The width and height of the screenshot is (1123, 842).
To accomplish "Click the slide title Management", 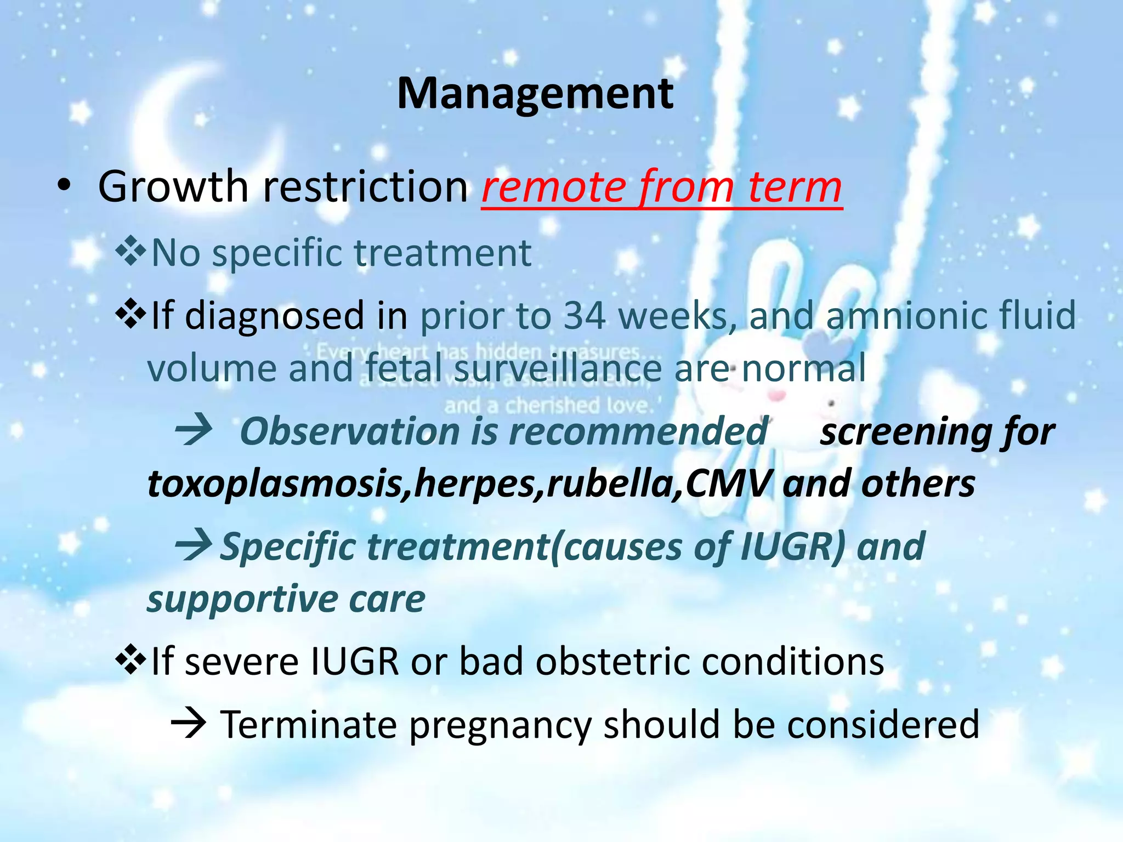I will coord(535,94).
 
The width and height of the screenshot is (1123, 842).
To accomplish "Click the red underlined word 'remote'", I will coord(554,187).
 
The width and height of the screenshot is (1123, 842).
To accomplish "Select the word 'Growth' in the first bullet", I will coord(173,187).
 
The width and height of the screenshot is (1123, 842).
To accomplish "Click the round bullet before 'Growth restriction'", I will coord(64,186).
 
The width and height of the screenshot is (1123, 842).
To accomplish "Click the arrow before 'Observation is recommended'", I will coord(193,430).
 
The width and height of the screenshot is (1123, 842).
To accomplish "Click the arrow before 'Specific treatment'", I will coord(193,546).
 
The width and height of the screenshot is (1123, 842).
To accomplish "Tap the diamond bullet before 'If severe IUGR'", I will coord(131,660).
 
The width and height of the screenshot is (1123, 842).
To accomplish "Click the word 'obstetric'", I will coord(614,661).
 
